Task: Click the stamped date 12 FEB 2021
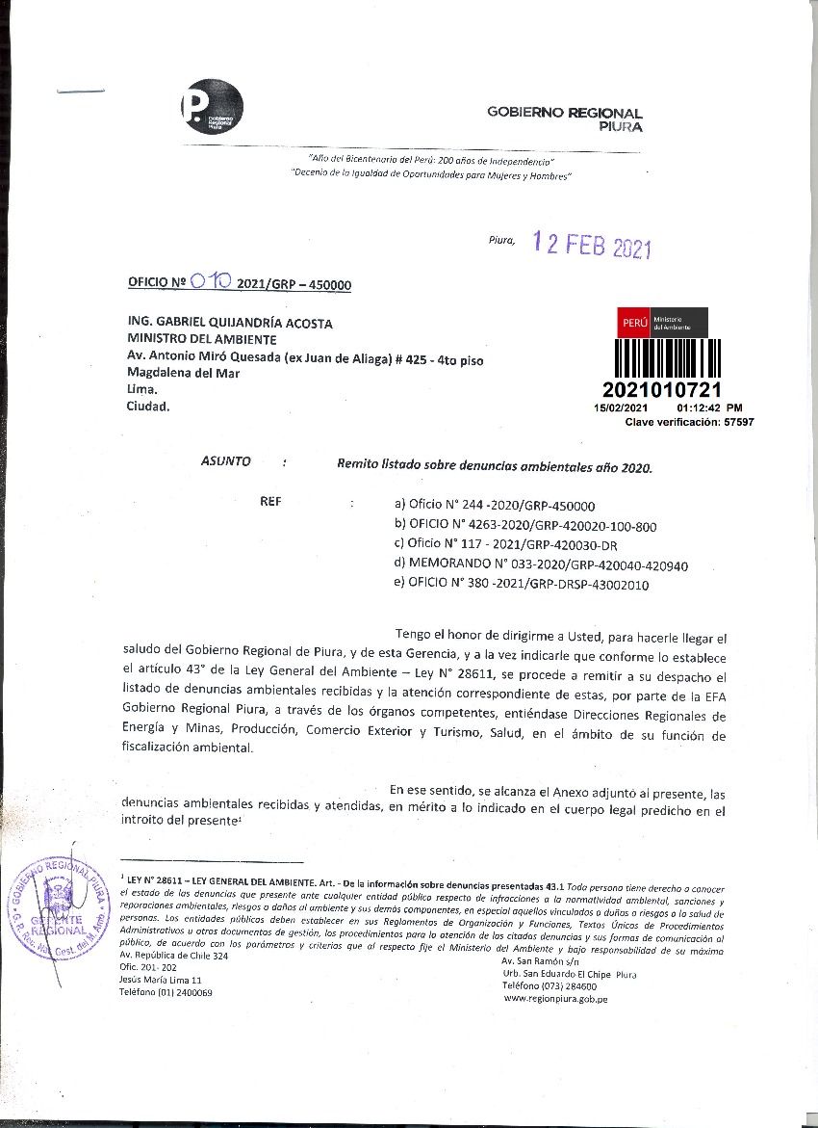coord(592,247)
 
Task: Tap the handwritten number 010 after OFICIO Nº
coord(210,281)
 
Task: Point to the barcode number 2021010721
coord(660,390)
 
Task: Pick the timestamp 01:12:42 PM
coord(709,408)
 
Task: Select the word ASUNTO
coord(226,461)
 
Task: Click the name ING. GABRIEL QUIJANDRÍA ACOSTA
coord(230,325)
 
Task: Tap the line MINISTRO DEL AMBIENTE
coord(202,340)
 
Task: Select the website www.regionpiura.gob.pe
coord(555,999)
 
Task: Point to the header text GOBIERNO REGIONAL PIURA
coord(565,118)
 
